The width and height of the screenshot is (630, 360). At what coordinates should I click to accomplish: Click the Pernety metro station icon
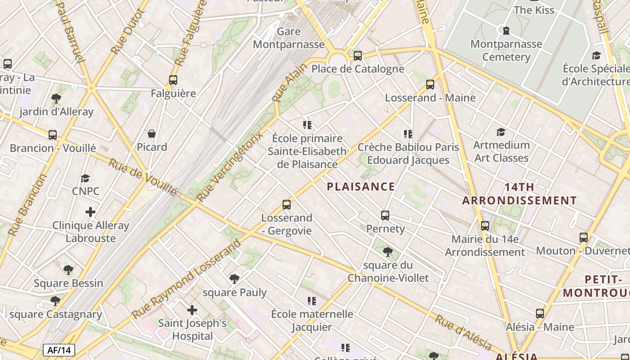[x=385, y=215]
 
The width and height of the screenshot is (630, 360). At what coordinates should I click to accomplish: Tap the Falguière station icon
[x=173, y=80]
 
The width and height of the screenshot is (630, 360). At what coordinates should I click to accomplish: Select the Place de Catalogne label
[x=358, y=69]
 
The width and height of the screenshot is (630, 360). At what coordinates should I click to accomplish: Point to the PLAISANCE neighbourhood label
[x=361, y=186]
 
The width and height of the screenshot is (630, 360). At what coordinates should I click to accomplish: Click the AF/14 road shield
[x=59, y=350]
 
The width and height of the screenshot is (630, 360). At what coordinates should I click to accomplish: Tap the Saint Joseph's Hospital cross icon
[x=192, y=310]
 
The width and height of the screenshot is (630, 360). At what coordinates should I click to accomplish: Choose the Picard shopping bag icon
[x=152, y=134]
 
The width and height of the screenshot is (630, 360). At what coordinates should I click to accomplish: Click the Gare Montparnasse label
[x=288, y=38]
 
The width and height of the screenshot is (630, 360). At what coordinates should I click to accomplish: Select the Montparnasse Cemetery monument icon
[x=506, y=31]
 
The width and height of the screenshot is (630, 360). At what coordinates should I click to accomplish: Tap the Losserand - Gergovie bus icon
[x=287, y=205]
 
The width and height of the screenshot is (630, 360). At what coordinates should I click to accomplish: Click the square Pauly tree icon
[x=234, y=279]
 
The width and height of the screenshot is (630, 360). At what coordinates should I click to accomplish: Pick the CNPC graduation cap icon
[x=85, y=179]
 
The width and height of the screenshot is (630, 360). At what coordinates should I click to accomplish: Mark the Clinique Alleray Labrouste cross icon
[x=90, y=211]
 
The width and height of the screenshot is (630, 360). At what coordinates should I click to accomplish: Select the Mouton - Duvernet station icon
[x=584, y=237]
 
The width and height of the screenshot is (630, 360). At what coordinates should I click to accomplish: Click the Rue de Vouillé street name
[x=143, y=177]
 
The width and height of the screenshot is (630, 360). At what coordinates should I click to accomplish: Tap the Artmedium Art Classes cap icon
[x=501, y=132]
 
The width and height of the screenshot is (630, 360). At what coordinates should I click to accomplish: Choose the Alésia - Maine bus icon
[x=540, y=314]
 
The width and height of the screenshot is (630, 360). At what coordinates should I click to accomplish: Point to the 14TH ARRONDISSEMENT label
[x=519, y=193]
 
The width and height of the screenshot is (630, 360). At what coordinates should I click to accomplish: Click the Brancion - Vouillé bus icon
[x=53, y=135]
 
